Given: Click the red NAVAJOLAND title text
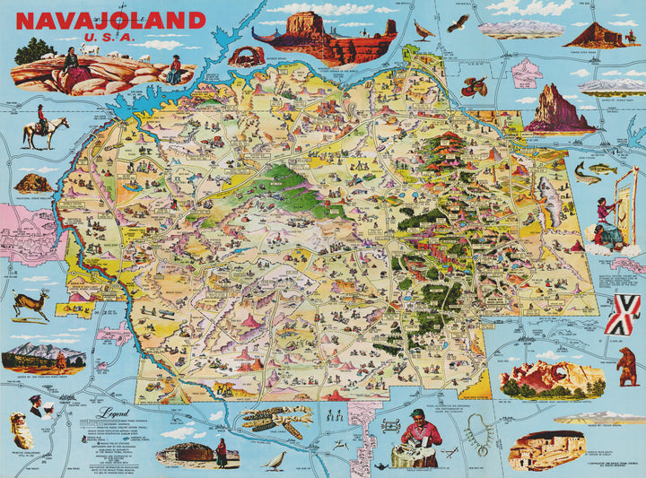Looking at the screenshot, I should tap(110, 21).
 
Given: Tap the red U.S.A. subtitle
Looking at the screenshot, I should tap(109, 39).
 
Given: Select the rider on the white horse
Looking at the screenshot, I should tap(40, 127).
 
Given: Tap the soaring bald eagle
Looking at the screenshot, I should tap(458, 22).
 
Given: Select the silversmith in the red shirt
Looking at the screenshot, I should tap(421, 437).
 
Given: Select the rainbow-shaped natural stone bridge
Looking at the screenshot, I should tap(242, 56).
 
